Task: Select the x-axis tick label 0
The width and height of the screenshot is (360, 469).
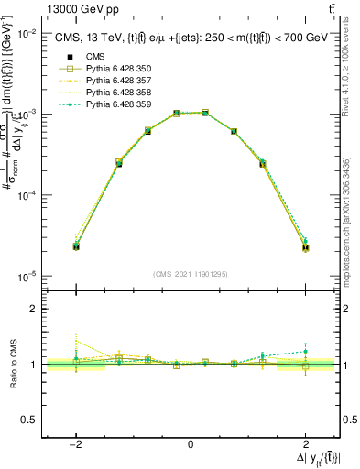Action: point(191,444)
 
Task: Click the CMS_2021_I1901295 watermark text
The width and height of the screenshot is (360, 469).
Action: point(191,274)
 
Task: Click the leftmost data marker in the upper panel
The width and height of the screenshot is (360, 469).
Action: point(76,246)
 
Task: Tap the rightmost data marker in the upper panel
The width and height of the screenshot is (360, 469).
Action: point(305,247)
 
